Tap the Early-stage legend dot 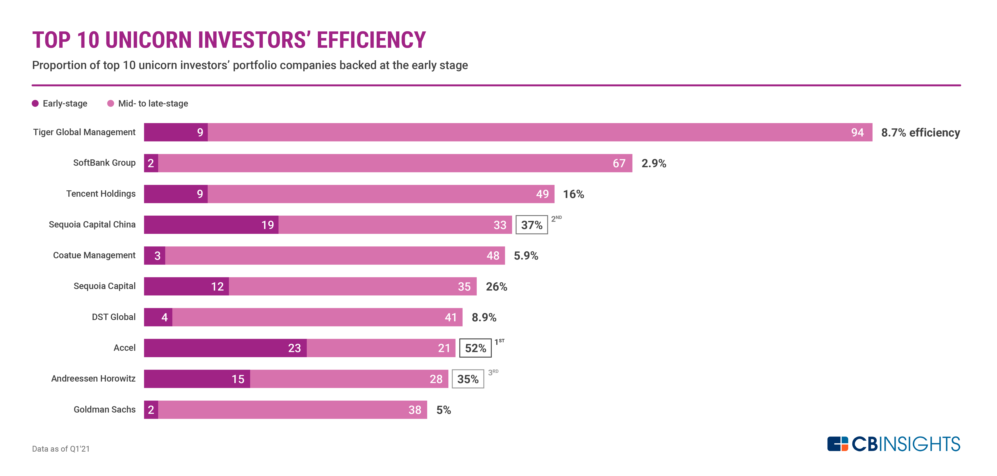pyautogui.click(x=35, y=103)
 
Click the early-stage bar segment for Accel pyautogui.click(x=225, y=348)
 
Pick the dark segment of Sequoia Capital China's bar pyautogui.click(x=211, y=225)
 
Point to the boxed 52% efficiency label pyautogui.click(x=475, y=348)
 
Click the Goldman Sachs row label pyautogui.click(x=104, y=409)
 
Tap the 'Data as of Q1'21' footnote pyautogui.click(x=61, y=449)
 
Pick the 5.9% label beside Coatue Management pyautogui.click(x=526, y=256)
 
